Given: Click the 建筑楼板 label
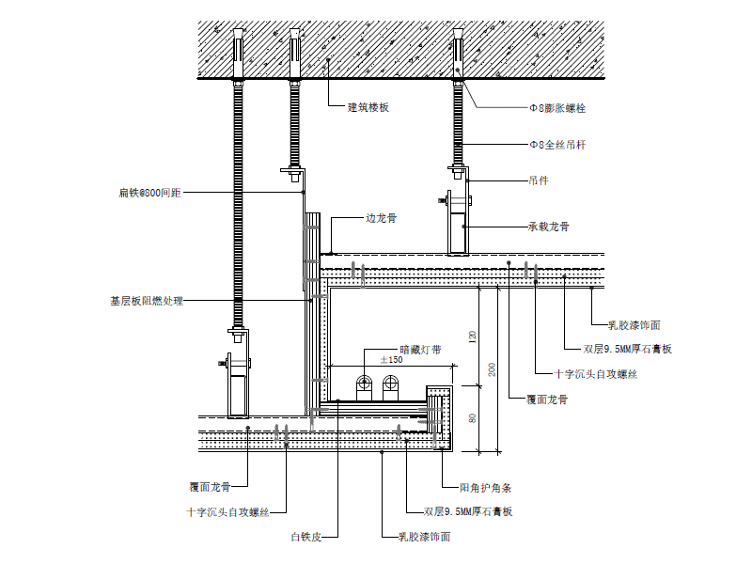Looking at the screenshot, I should point(368,108).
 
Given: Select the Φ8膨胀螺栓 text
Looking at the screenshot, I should point(558,109).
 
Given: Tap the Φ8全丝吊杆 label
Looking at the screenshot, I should point(558,145).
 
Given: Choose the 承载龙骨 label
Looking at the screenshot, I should point(549,227).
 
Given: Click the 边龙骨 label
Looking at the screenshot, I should point(381,218).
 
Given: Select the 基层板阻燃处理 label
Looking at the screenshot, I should point(147,301).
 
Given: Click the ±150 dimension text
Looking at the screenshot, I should point(391,360).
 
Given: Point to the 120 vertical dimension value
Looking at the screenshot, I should point(473,337).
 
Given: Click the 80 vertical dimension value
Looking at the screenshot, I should point(473,418).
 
